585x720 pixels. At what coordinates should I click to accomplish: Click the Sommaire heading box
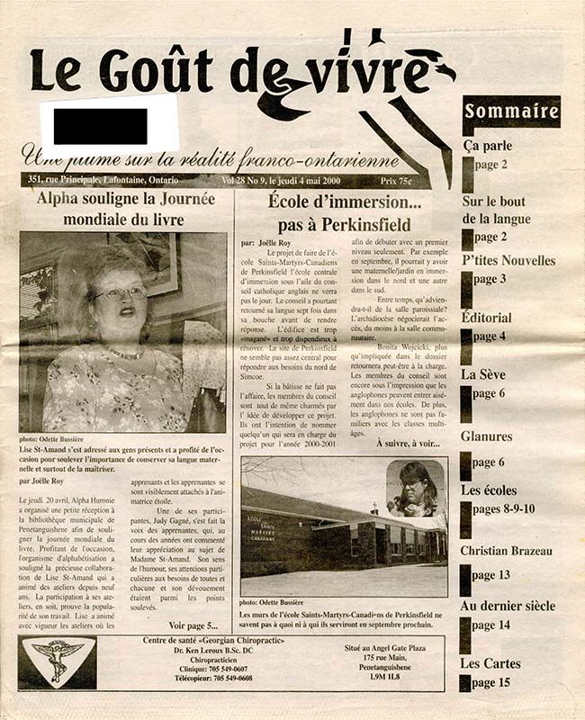[x=510, y=112]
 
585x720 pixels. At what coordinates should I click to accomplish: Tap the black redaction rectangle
[x=100, y=126]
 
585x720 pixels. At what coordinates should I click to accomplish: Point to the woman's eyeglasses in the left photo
[x=120, y=292]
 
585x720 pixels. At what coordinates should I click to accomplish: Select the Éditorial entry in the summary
[x=486, y=318]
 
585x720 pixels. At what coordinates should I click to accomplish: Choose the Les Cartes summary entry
[x=490, y=664]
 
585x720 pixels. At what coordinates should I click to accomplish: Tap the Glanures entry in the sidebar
[x=487, y=437]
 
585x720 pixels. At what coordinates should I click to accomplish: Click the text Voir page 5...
[x=193, y=625]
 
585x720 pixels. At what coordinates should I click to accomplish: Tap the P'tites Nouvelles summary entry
[x=508, y=261]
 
